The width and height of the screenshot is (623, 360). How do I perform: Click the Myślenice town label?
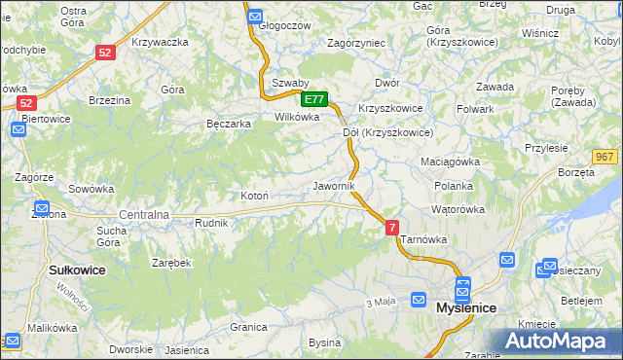click(x=466, y=307)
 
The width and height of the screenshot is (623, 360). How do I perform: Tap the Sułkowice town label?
click(x=76, y=270)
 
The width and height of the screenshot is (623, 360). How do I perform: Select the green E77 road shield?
click(x=314, y=99)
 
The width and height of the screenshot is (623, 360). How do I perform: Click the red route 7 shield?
click(x=392, y=228)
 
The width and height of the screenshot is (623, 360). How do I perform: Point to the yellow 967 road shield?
click(x=605, y=157)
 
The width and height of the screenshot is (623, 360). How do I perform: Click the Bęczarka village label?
click(x=230, y=124)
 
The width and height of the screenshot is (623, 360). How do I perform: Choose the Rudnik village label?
click(x=211, y=223)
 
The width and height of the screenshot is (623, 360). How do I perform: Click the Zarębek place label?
click(x=170, y=263)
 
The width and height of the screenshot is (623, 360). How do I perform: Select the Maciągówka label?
click(x=451, y=161)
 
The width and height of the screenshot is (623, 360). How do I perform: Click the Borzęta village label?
click(x=577, y=172)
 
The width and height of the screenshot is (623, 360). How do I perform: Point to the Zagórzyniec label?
click(x=356, y=43)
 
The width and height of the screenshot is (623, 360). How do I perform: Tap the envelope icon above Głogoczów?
click(x=254, y=17)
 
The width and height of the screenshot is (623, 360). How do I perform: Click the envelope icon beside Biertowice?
click(x=18, y=128)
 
